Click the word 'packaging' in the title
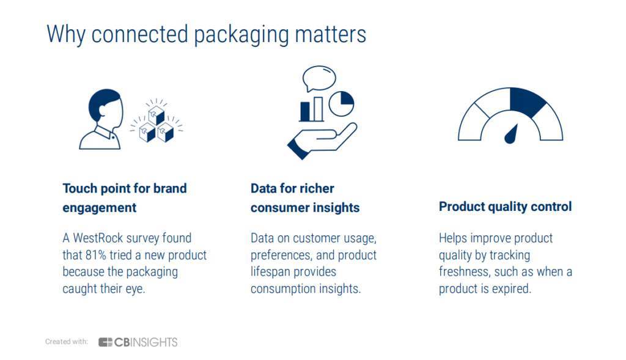pyautogui.click(x=241, y=35)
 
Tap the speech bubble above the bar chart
pyautogui.click(x=319, y=78)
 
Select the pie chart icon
pyautogui.click(x=341, y=104)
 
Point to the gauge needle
pyautogui.click(x=512, y=134)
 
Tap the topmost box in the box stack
pyautogui.click(x=156, y=115)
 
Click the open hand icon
pyautogui.click(x=322, y=141)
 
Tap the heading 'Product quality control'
pyautogui.click(x=505, y=207)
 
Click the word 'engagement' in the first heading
pyautogui.click(x=100, y=208)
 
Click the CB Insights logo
pyautogui.click(x=138, y=342)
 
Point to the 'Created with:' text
pyautogui.click(x=66, y=342)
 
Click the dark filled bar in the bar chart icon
pyautogui.click(x=305, y=111)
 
